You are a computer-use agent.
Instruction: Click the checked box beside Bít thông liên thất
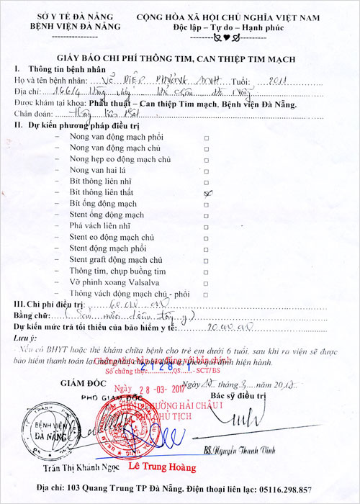207,193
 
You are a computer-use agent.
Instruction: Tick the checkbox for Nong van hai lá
207,171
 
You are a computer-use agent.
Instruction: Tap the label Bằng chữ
33,316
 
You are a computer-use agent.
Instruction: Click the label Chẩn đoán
31,114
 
